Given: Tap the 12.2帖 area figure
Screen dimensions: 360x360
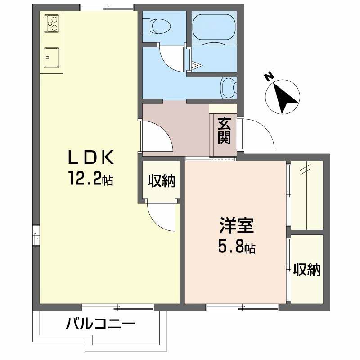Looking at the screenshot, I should [x=90, y=180].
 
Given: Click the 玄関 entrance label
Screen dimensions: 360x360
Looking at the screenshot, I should [x=225, y=130].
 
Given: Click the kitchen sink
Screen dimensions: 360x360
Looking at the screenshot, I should [x=52, y=56].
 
